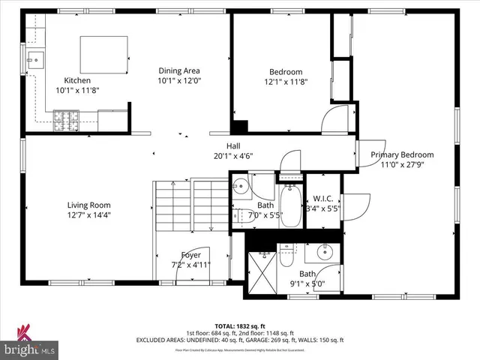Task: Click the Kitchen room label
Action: pos(77,80)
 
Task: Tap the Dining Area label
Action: pos(178,70)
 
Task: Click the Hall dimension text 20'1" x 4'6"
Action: pos(233,157)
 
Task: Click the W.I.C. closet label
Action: pos(323,198)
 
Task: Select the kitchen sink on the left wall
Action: pos(34,58)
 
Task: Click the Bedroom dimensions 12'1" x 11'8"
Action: pos(285,82)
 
